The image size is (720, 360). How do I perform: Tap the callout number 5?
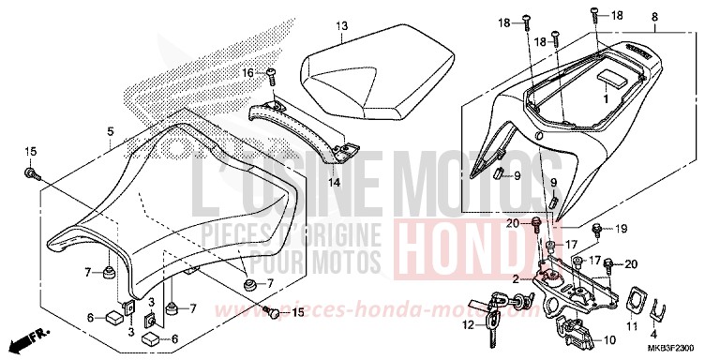111,132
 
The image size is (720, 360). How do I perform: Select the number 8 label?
681,18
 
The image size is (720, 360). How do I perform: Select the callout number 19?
621,228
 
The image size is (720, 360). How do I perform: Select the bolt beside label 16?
271,74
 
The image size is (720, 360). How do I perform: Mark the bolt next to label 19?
596,228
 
